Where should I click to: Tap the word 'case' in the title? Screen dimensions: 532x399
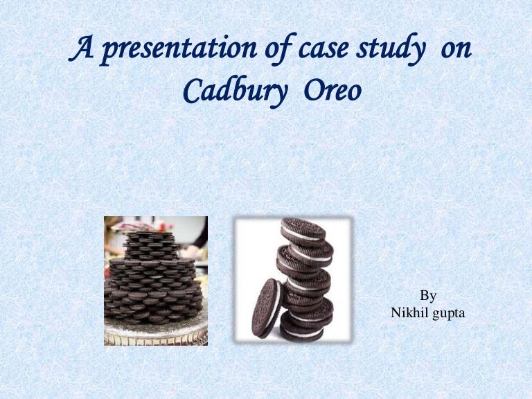pyautogui.click(x=323, y=49)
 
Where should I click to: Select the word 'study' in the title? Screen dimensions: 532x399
pyautogui.click(x=390, y=48)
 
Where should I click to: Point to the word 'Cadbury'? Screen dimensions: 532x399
pyautogui.click(x=235, y=91)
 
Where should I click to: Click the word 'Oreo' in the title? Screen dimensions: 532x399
pyautogui.click(x=332, y=90)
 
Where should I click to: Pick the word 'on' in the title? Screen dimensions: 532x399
pyautogui.click(x=456, y=50)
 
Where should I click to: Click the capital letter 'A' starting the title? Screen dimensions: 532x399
pyautogui.click(x=81, y=48)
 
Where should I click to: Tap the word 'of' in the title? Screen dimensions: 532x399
pyautogui.click(x=279, y=48)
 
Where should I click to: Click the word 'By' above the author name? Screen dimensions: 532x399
pyautogui.click(x=428, y=296)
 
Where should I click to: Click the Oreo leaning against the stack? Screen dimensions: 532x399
pyautogui.click(x=267, y=308)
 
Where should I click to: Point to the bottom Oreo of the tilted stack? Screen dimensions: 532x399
pyautogui.click(x=301, y=329)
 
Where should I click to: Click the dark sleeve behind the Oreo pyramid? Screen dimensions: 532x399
pyautogui.click(x=201, y=233)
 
